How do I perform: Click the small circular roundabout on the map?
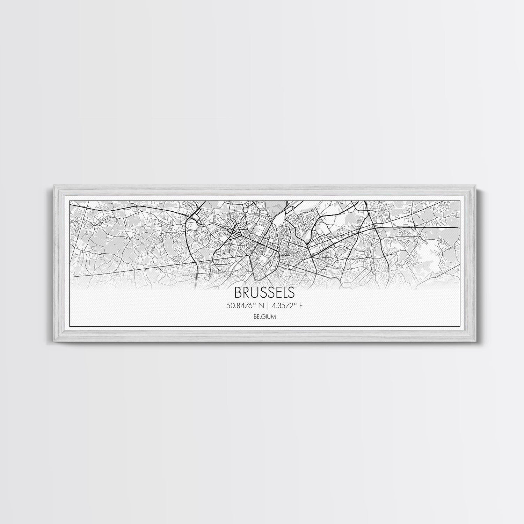[x=230, y=231]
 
